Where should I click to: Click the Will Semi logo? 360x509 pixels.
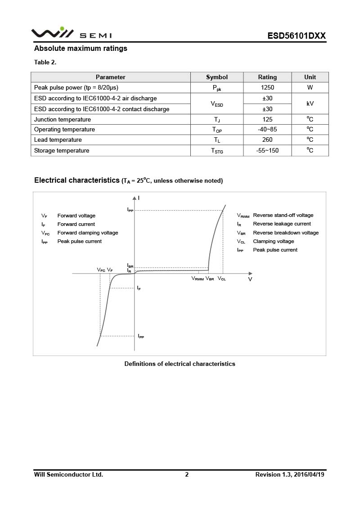tap(71, 34)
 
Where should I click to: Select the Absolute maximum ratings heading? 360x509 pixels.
tap(81, 49)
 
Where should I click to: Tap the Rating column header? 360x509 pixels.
tap(267, 77)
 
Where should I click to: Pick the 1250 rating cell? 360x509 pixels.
tap(267, 88)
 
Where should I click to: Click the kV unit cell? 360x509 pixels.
tap(310, 104)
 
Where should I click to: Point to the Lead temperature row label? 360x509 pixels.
tap(58, 140)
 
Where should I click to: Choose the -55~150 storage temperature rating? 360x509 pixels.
tap(267, 151)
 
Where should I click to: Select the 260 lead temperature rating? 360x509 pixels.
tap(267, 140)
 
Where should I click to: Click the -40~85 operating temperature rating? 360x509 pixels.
tap(267, 130)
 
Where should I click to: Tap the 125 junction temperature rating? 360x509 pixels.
tap(267, 119)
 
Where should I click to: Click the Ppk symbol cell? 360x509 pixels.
tap(216, 88)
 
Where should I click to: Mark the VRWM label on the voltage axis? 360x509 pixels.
tap(198, 279)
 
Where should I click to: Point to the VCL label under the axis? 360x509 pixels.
tap(222, 279)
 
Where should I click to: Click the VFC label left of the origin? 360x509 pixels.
tap(101, 270)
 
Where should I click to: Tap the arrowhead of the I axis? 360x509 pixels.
tap(134, 198)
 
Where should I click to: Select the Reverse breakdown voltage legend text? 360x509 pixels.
tap(286, 233)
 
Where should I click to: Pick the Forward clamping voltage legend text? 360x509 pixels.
tap(88, 233)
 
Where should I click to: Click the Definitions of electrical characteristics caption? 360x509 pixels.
tap(180, 364)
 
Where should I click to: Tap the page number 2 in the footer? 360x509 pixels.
tap(187, 474)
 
